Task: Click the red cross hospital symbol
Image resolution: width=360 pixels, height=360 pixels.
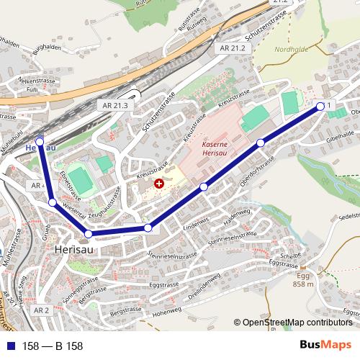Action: coord(159,184)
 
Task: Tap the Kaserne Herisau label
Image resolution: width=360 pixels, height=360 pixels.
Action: coord(215,148)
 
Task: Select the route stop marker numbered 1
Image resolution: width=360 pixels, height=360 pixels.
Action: coord(320,107)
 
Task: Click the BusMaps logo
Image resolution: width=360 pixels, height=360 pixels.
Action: coord(326,345)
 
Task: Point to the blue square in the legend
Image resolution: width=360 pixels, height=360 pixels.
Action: coord(9,346)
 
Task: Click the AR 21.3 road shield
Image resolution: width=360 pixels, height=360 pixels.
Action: coord(105,106)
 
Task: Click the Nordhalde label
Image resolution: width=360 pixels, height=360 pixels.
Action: coord(291,50)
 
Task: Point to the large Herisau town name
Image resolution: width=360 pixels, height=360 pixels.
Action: coord(76,248)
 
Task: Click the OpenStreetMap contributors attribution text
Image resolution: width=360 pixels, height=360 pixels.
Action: coord(297,323)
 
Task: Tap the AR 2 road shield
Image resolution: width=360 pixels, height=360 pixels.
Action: coord(41,310)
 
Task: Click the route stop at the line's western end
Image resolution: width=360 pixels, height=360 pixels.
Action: coord(40,141)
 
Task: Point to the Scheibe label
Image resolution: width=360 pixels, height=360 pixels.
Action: coord(291,256)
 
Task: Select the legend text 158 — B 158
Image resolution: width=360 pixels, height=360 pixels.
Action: coord(53,346)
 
